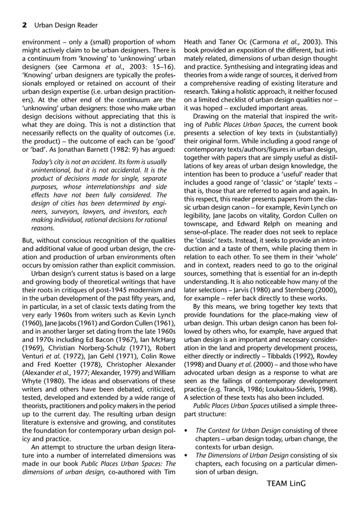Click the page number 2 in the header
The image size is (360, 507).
click(x=25, y=25)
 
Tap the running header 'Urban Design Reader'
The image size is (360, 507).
click(x=66, y=25)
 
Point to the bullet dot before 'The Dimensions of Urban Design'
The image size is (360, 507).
click(x=187, y=454)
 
